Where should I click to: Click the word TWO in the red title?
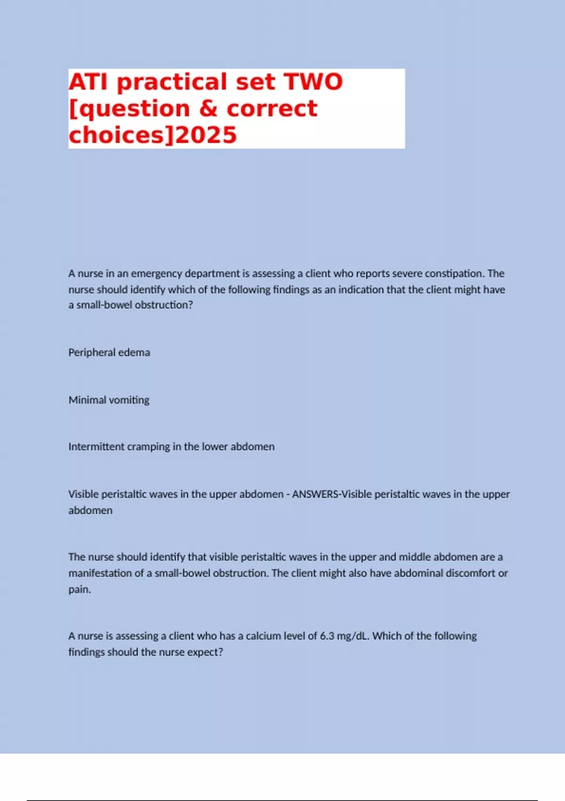314,82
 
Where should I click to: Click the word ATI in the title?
89,82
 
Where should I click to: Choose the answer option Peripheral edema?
109,352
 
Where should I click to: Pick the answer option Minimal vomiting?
109,400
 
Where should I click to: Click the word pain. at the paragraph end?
80,589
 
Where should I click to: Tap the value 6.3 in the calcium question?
327,636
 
